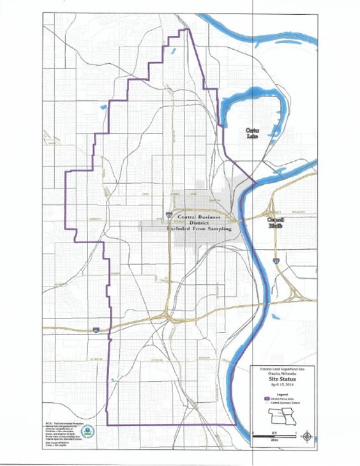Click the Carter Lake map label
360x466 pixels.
(257, 134)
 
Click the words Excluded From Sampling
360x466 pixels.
(199, 228)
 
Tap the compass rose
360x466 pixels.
(307, 437)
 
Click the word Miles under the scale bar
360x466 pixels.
(274, 440)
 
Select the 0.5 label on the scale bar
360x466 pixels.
(275, 432)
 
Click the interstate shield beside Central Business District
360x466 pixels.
(169, 216)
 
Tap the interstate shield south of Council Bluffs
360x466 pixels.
(276, 261)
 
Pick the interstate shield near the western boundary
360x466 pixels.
(95, 330)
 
